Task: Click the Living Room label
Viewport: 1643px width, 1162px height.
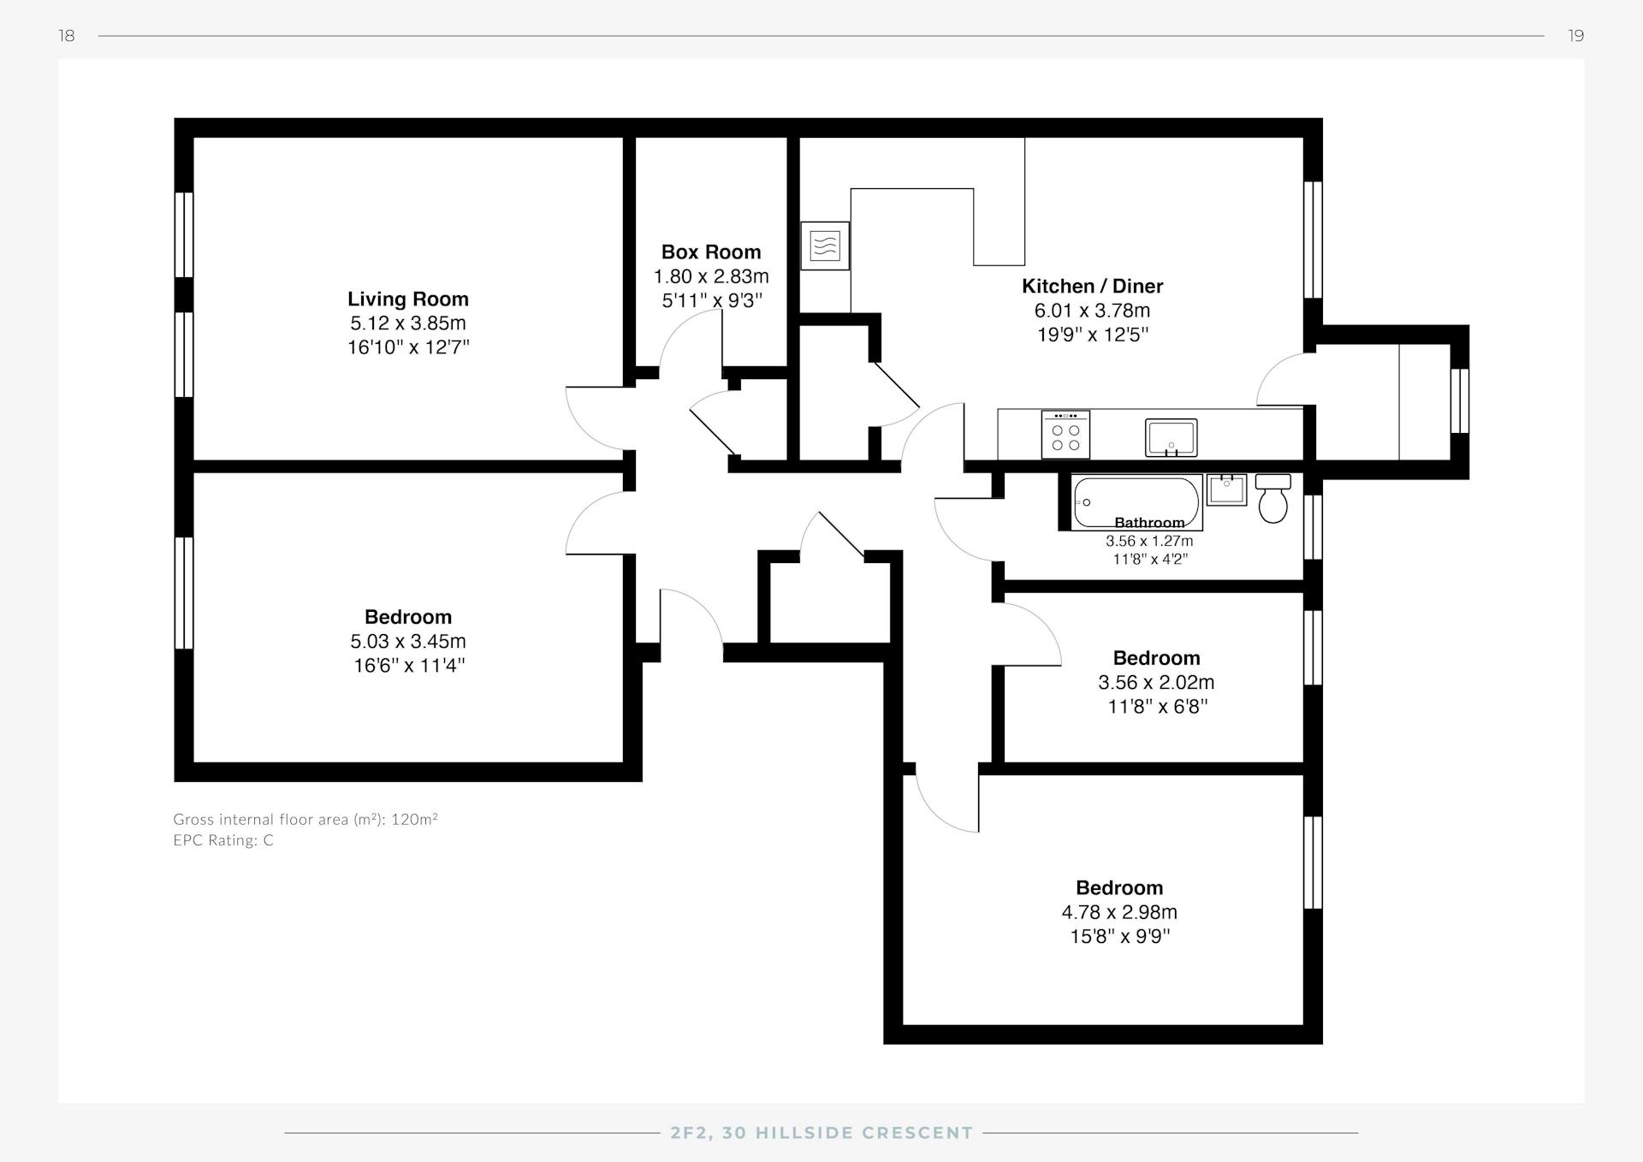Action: coord(408,299)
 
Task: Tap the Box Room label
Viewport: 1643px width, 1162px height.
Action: coord(711,252)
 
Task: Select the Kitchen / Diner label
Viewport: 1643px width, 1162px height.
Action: coord(1093,286)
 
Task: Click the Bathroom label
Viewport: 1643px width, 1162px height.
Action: coord(1149,523)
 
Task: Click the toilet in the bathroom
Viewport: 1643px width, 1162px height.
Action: coord(1273,498)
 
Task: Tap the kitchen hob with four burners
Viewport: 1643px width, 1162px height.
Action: coord(1065,435)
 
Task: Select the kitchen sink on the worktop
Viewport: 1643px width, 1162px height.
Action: coord(1171,437)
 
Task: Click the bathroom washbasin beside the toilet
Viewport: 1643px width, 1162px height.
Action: coord(1227,490)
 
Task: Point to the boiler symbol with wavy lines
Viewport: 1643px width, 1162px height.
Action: coord(825,246)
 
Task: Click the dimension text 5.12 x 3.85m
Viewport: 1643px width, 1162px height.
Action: coord(408,323)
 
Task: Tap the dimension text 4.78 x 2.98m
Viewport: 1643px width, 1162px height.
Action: coord(1119,912)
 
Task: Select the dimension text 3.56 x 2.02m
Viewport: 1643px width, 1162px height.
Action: coord(1156,682)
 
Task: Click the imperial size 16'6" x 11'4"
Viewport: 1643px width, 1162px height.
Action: coord(409,665)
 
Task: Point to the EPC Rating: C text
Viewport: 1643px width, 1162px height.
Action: coord(223,840)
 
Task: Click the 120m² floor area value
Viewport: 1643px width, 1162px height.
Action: coord(415,819)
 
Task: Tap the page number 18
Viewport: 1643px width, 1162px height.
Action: coord(67,35)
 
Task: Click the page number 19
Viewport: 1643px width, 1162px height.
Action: coord(1576,35)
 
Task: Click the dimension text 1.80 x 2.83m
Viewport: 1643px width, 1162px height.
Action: coord(711,276)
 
